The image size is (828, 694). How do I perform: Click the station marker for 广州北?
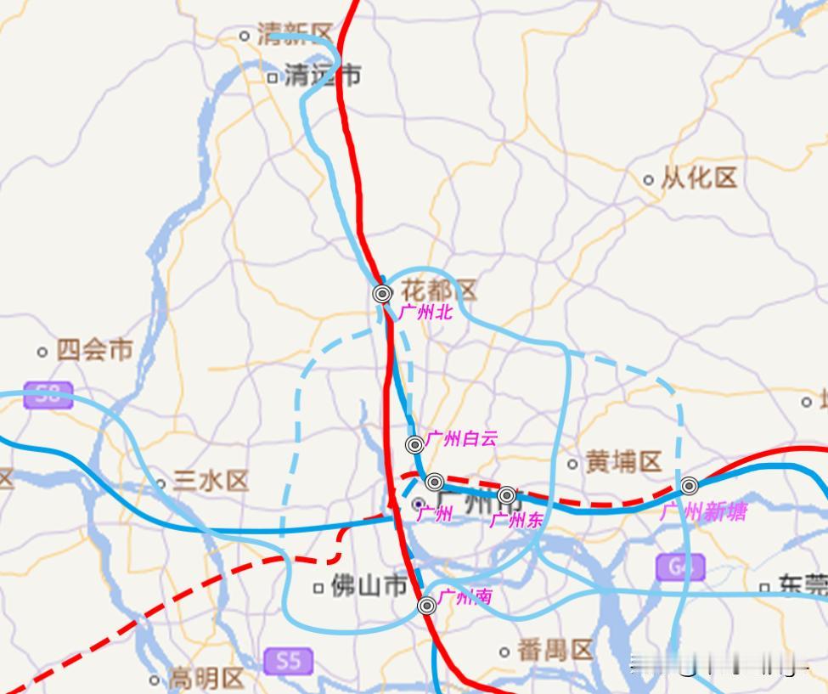[382, 294]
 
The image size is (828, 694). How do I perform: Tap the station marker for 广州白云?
[414, 444]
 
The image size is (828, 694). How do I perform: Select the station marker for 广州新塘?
[689, 486]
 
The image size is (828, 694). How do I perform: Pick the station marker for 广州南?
[427, 605]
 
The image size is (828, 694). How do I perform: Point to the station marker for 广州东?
[506, 494]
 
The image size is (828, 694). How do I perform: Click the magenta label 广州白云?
[461, 439]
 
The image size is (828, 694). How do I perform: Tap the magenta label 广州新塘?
[703, 511]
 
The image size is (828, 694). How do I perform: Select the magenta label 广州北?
[426, 313]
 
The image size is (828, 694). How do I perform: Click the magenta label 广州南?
[465, 596]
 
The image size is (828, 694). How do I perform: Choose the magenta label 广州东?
[515, 519]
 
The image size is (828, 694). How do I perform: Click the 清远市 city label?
[321, 76]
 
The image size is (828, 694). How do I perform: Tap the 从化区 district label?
[699, 178]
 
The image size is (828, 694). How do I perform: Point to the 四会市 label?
[94, 350]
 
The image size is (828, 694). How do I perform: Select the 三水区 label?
[210, 482]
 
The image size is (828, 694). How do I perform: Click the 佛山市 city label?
[369, 586]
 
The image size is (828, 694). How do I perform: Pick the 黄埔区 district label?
[622, 462]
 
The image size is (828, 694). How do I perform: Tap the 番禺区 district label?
[554, 651]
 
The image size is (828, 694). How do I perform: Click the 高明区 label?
[206, 679]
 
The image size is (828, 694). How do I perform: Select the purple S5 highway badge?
[288, 660]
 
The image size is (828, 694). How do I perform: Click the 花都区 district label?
[438, 291]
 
